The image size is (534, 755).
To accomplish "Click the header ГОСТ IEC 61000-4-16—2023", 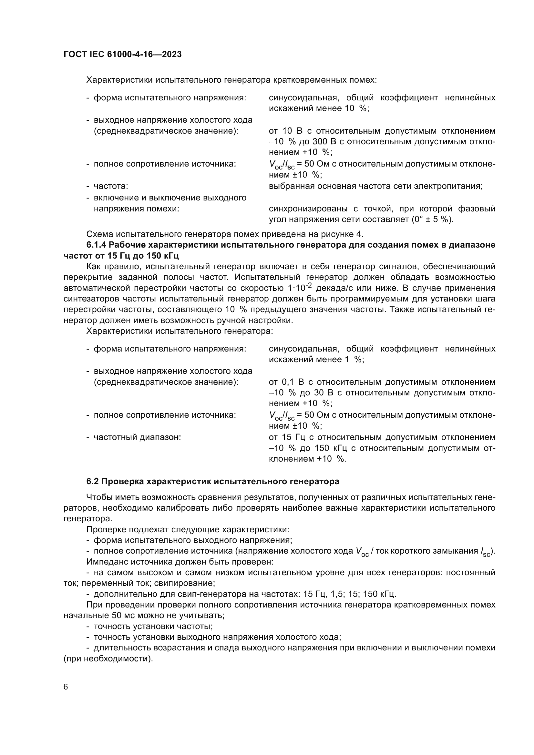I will click(122, 55).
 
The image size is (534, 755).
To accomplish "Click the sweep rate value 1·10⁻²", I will click(300, 288).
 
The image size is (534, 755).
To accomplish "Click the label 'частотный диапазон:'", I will click(137, 437).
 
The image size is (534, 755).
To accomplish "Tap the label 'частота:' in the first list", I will click(111, 187).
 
